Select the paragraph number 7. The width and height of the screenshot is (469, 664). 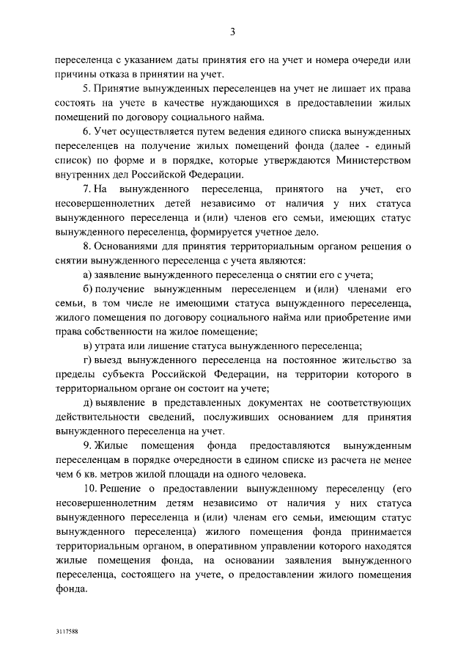[86, 189]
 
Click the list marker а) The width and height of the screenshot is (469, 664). [87, 274]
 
